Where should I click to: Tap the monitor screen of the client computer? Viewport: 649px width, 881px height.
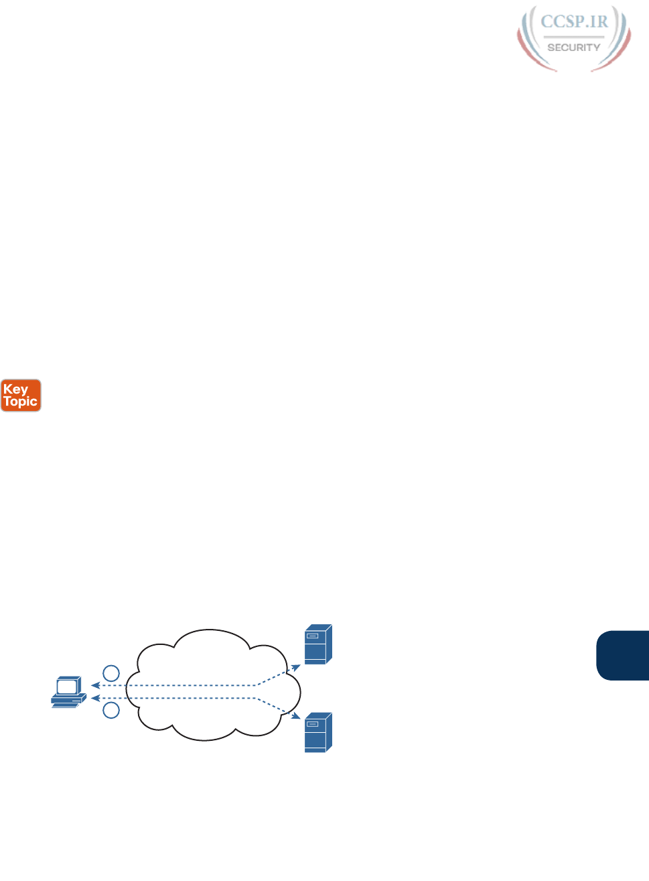coord(67,686)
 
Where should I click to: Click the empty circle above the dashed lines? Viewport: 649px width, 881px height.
coord(111,673)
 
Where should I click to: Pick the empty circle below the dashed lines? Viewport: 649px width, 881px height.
coord(111,711)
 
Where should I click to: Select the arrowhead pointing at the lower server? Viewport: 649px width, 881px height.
coord(296,716)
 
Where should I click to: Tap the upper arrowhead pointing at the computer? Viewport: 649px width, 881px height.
coord(94,685)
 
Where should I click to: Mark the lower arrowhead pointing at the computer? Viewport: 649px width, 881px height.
coord(94,699)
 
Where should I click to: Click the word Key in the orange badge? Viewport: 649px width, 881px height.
coord(15,390)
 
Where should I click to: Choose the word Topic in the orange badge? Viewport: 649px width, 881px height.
coord(21,402)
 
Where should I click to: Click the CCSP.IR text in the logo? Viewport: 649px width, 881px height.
coord(574,22)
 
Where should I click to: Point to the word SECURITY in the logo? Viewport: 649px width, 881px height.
coord(574,48)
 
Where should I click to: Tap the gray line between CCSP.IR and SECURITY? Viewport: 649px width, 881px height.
coord(574,36)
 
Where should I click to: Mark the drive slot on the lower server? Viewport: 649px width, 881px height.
coord(313,723)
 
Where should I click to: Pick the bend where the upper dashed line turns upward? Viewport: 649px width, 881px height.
coord(257,685)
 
